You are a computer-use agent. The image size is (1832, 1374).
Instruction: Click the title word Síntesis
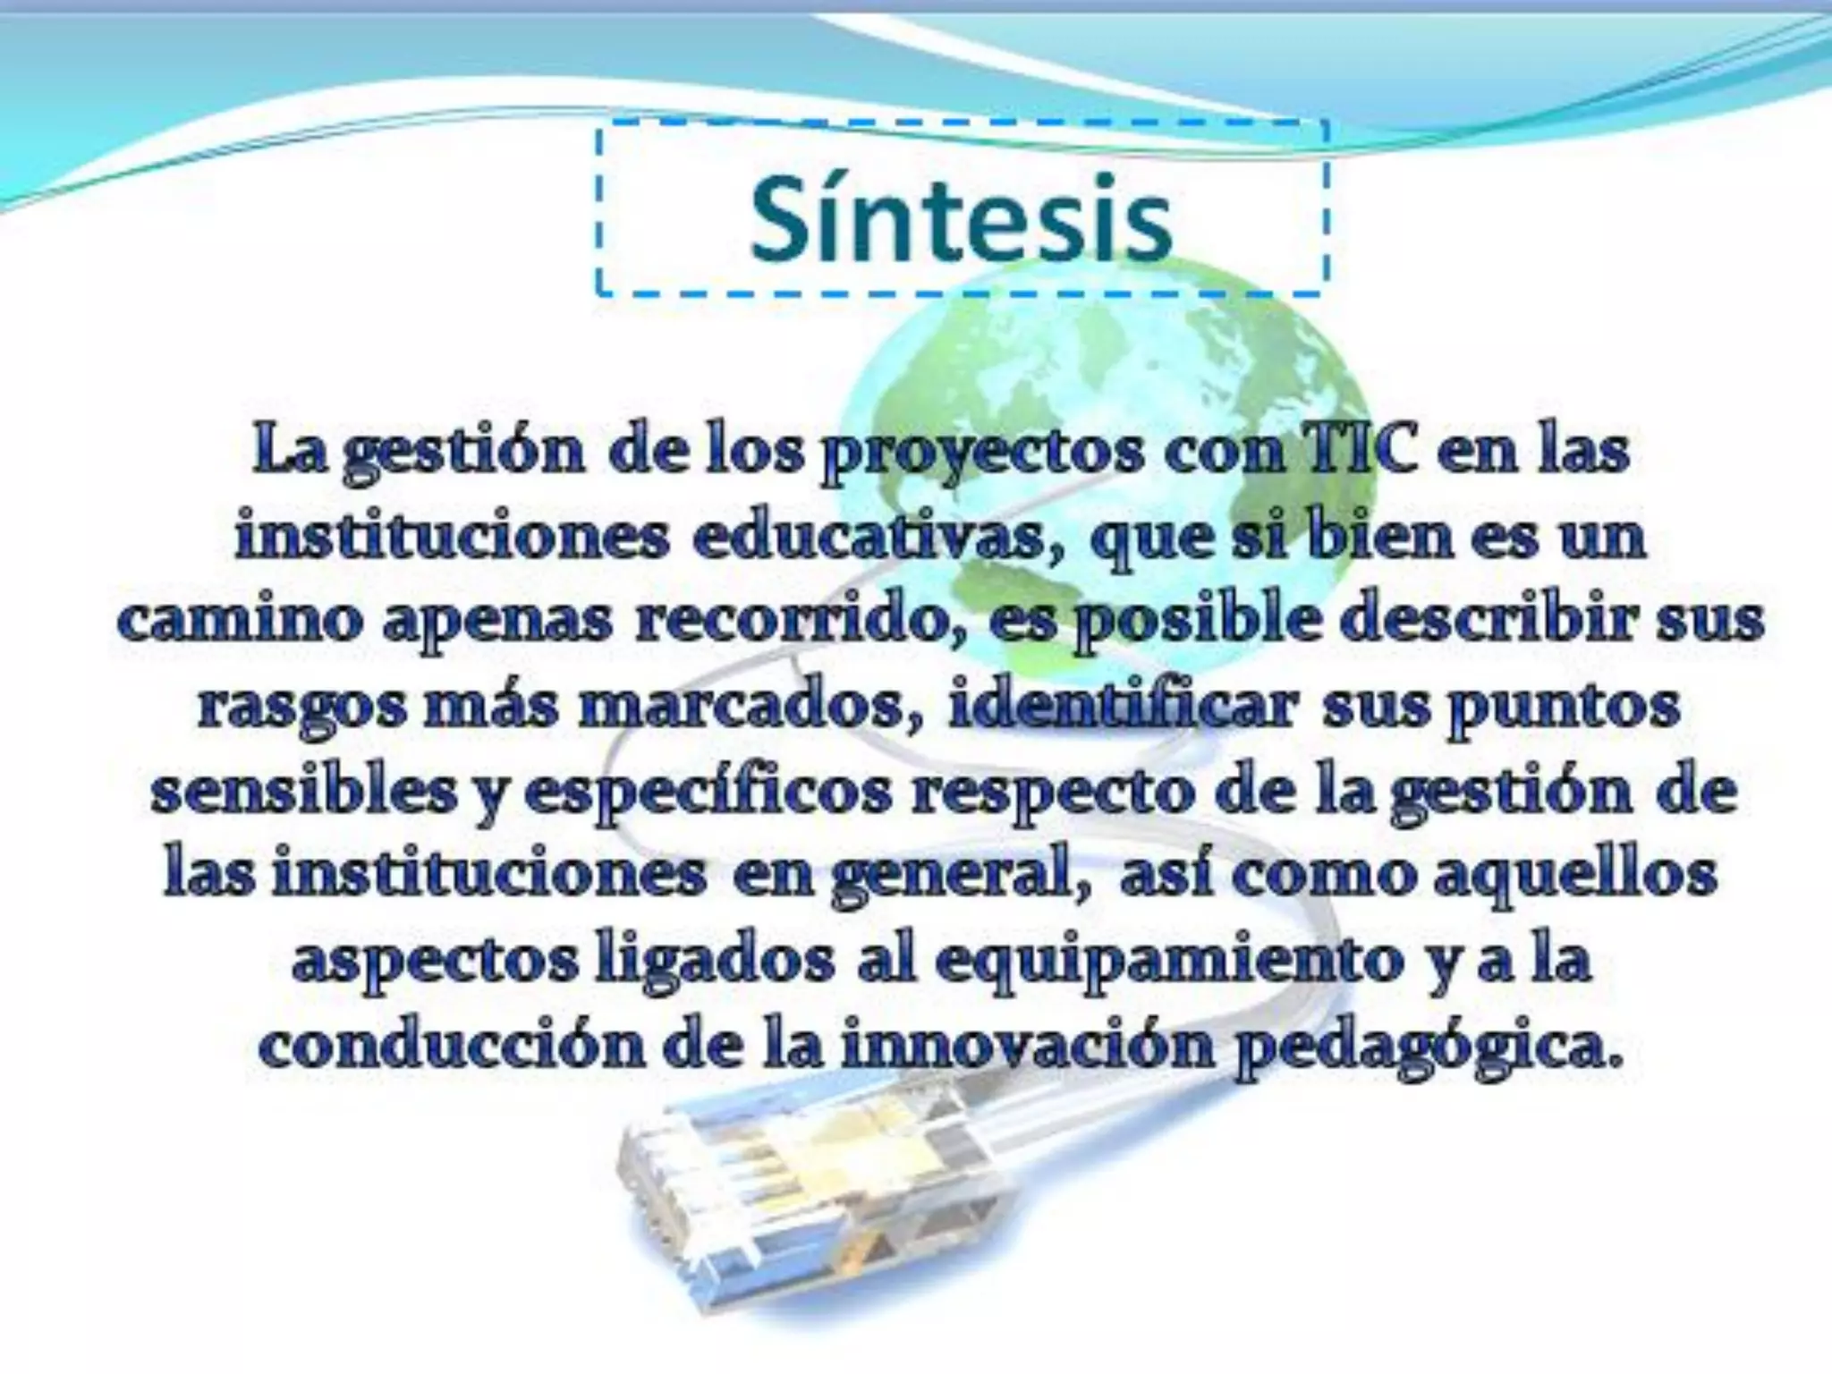pos(961,220)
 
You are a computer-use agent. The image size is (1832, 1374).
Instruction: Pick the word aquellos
pos(1574,877)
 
